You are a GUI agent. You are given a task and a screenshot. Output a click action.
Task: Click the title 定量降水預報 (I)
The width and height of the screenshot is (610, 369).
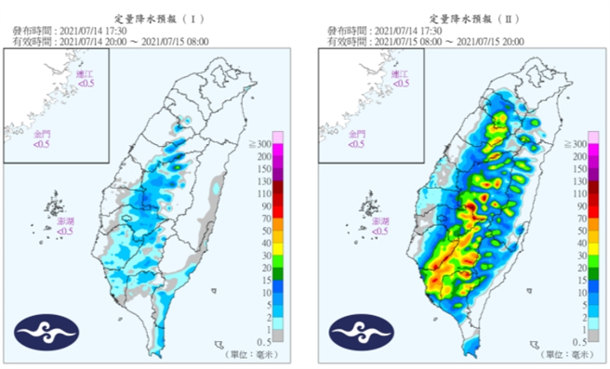[152, 18]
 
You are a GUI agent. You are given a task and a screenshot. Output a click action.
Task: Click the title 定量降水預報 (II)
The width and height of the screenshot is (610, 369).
[468, 18]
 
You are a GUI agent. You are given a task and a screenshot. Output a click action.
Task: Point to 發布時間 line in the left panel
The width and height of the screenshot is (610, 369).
[70, 31]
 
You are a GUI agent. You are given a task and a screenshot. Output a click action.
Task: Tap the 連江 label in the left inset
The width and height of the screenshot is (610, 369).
[85, 74]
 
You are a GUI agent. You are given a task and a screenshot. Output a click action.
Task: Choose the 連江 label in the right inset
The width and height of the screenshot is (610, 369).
[399, 74]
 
